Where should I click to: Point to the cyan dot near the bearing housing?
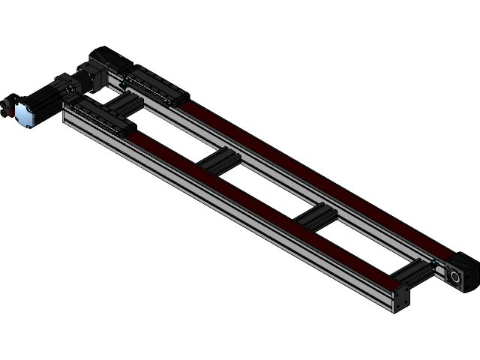coord(434,262)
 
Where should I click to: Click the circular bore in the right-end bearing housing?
coord(455,277)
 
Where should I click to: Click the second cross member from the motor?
coord(219,160)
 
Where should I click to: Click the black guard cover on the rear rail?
coord(154,83)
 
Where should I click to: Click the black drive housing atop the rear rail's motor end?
coord(105,58)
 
